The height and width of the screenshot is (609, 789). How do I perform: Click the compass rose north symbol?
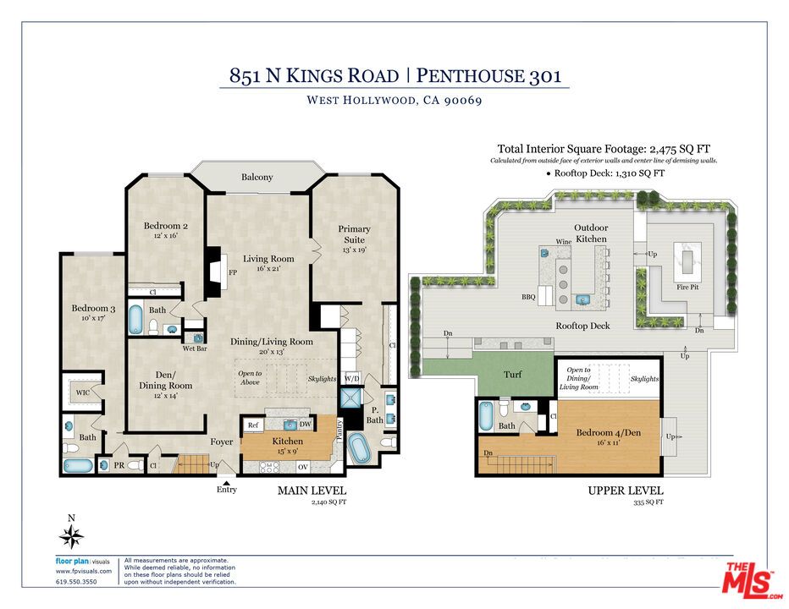pos(72,535)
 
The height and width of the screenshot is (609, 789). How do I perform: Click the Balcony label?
pos(257,178)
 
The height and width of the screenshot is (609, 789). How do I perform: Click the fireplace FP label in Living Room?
pos(232,273)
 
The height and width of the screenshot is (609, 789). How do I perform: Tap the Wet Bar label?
pos(196,348)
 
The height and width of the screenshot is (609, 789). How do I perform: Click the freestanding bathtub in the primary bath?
pos(359,447)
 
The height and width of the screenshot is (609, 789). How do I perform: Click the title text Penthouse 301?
pos(489,75)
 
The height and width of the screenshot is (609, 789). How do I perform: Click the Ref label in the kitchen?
pos(253,425)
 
